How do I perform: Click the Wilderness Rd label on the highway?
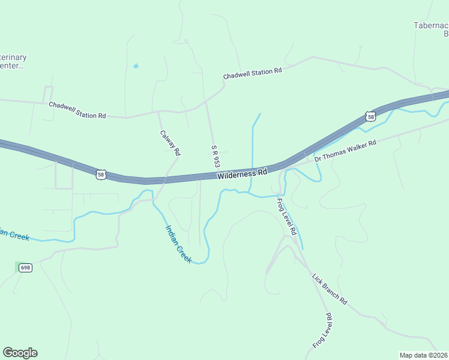tap(243, 174)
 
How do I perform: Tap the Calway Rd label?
tap(170, 143)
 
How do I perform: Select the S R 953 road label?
tap(213, 156)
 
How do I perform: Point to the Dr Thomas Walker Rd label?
tap(345, 151)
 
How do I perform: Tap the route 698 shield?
tap(25, 267)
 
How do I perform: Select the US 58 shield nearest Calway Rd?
tap(101, 174)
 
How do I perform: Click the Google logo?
tap(20, 353)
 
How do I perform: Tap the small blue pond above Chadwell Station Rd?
tap(136, 65)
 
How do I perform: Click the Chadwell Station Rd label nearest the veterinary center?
tap(77, 110)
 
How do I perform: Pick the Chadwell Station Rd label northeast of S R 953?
tap(252, 74)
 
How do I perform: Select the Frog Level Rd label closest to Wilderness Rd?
tap(287, 216)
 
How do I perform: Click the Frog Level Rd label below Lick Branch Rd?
tap(322, 331)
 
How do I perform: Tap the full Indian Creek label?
tap(178, 243)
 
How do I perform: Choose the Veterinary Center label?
tap(13, 61)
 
